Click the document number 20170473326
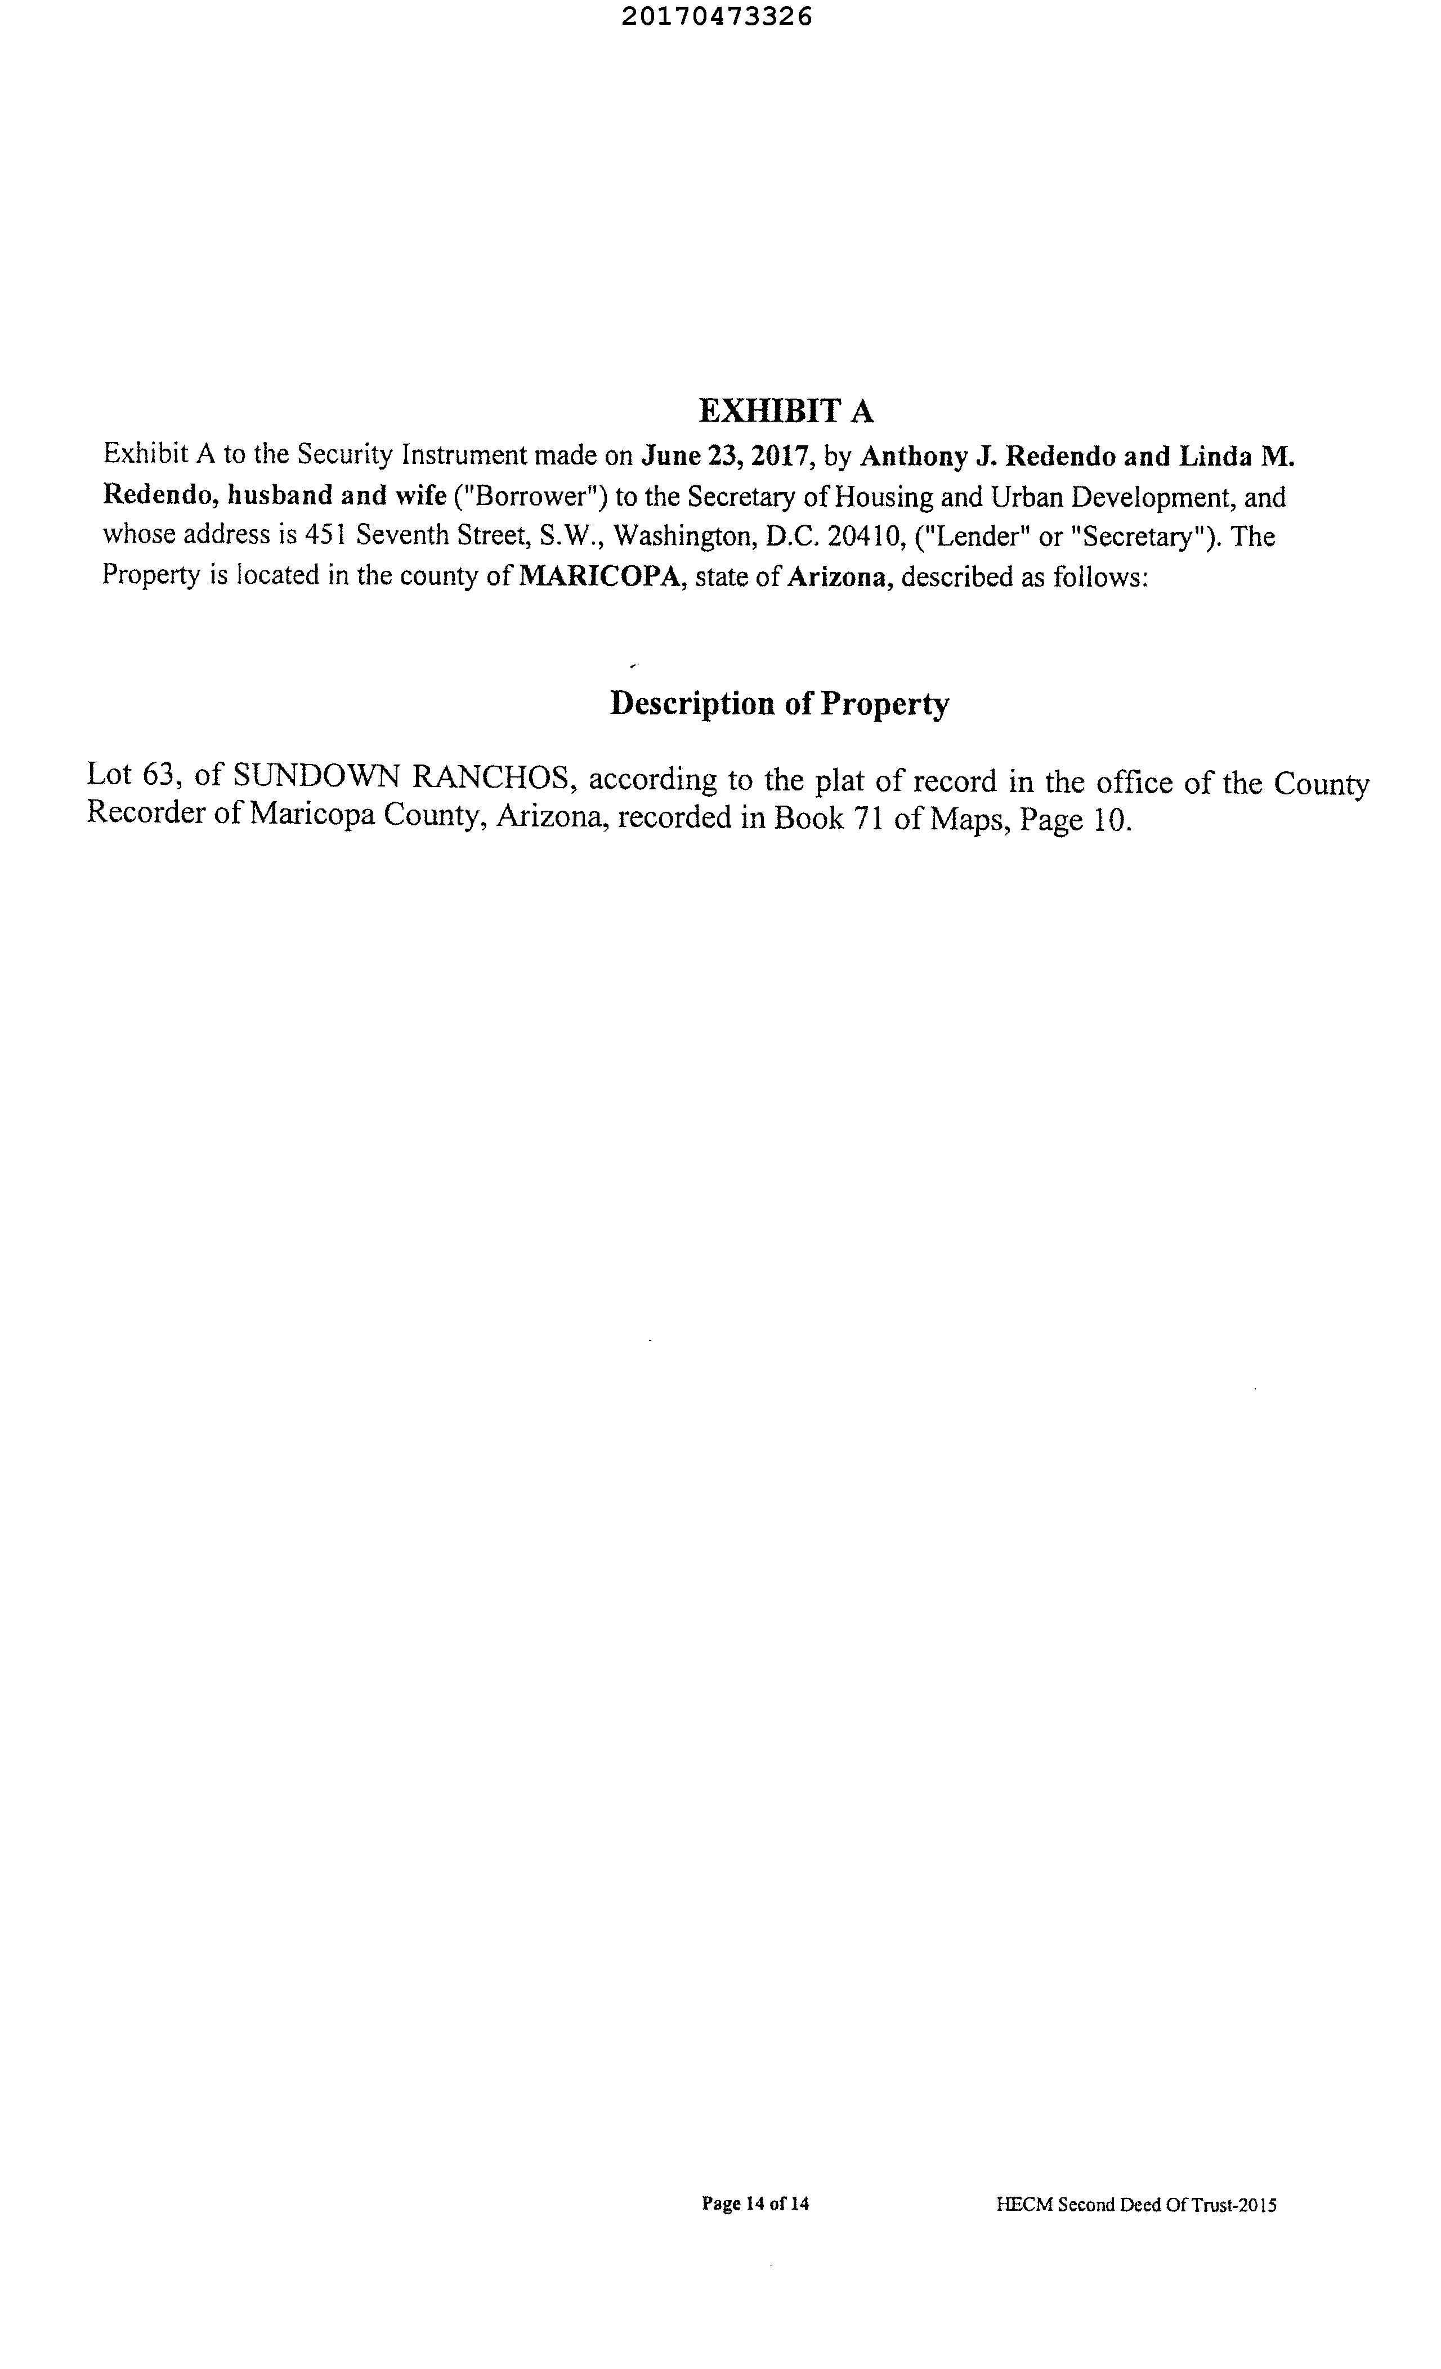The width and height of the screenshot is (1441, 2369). point(716,16)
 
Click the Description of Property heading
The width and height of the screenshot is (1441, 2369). point(780,704)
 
